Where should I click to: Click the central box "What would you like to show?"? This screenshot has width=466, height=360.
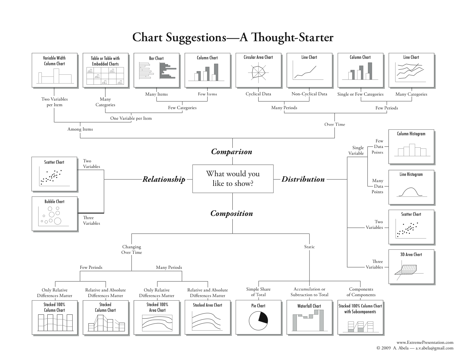[x=233, y=179]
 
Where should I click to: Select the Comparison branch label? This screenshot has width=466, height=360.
[x=232, y=152]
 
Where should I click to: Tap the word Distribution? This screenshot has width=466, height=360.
[x=303, y=179]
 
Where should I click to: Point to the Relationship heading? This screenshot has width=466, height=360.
[x=164, y=179]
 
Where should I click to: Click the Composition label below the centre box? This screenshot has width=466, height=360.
[x=232, y=214]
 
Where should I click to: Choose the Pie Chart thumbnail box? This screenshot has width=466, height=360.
[x=258, y=317]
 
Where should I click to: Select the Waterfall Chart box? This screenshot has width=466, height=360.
[x=309, y=317]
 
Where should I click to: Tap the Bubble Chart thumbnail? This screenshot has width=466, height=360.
[x=54, y=214]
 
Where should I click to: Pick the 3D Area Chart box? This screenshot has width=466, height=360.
[x=411, y=266]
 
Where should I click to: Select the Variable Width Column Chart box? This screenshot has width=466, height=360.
[x=54, y=70]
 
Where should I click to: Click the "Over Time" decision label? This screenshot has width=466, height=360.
[x=334, y=124]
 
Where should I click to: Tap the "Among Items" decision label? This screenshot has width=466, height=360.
[x=80, y=129]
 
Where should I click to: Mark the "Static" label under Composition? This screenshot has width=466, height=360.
[x=309, y=247]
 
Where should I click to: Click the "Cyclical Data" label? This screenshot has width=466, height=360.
[x=258, y=94]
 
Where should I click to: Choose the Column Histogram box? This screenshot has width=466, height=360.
[x=411, y=146]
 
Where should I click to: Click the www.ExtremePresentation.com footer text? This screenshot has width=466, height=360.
[x=425, y=342]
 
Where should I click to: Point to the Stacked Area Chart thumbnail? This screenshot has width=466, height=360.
[x=207, y=317]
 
